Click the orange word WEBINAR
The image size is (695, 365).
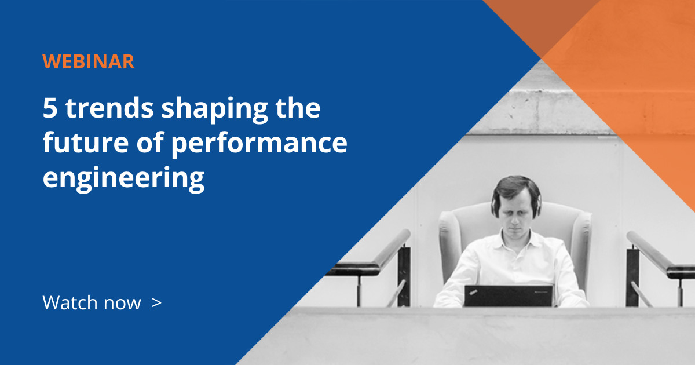(89, 61)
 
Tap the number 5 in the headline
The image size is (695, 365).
(49, 109)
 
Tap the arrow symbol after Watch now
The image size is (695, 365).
(156, 302)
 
